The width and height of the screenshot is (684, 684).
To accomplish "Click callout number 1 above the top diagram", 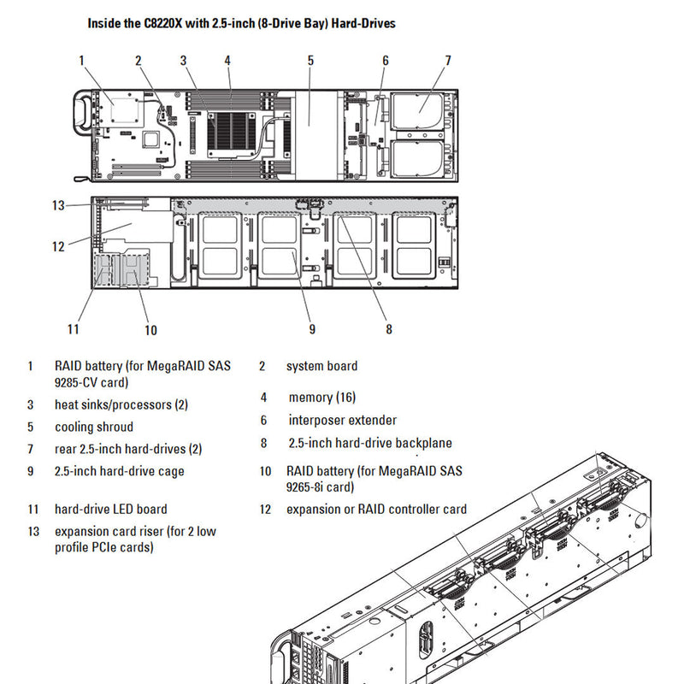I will click(81, 60).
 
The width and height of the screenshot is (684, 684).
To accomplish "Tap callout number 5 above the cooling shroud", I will click(310, 60).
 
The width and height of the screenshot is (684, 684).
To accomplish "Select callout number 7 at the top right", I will click(447, 60).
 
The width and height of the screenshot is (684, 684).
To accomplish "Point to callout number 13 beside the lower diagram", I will click(58, 205).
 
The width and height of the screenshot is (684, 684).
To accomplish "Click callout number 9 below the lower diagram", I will click(312, 328).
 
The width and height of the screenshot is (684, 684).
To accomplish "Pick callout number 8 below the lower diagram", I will click(388, 328).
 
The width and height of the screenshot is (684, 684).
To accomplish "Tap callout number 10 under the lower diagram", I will click(150, 330).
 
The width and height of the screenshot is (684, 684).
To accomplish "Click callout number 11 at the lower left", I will click(74, 328).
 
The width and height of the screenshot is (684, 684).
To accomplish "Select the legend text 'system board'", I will click(321, 366).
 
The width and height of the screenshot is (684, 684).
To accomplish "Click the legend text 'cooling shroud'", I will click(94, 427).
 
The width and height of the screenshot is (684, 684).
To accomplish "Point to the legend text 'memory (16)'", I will click(322, 398).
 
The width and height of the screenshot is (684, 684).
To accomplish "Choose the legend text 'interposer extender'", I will click(342, 420).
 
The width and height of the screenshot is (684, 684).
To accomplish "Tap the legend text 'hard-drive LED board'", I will click(111, 510).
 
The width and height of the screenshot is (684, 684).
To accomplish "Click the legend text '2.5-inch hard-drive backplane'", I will click(370, 443).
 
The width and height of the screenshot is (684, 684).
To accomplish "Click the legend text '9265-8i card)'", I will click(320, 487).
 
